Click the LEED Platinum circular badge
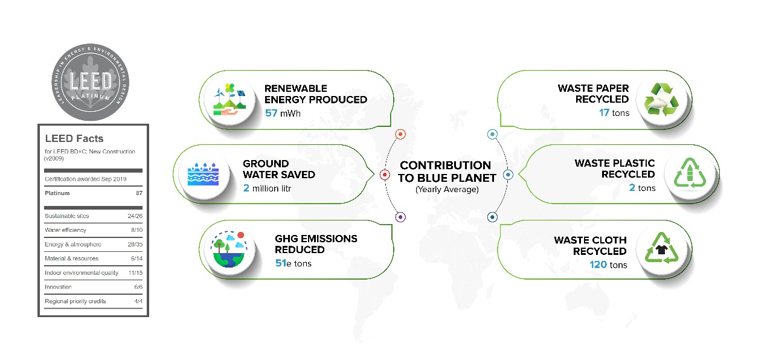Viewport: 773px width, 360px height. coord(91,82)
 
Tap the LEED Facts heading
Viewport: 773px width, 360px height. coord(74,138)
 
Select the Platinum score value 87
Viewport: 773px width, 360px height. coord(139,193)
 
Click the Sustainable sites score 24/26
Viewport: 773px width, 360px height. coord(135,216)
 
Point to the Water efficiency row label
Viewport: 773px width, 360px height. coord(66,230)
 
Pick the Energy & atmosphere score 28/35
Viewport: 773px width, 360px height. coord(135,244)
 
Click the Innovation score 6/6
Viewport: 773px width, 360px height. coord(138,286)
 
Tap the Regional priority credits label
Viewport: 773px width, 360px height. coord(75,301)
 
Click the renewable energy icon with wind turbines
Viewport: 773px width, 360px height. coord(229,100)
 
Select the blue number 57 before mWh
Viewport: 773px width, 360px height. coord(271,113)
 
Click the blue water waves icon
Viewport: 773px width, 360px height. coord(203,174)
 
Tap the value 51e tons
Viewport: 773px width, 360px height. coord(293,263)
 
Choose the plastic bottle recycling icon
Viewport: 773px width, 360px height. coord(690,173)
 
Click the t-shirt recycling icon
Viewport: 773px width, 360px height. coord(661,248)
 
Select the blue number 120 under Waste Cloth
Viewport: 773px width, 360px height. coord(598,265)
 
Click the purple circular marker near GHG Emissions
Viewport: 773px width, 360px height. coord(400,217)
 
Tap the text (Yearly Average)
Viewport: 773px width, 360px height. coord(447,190)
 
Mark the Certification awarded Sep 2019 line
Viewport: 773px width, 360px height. coord(86,179)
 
